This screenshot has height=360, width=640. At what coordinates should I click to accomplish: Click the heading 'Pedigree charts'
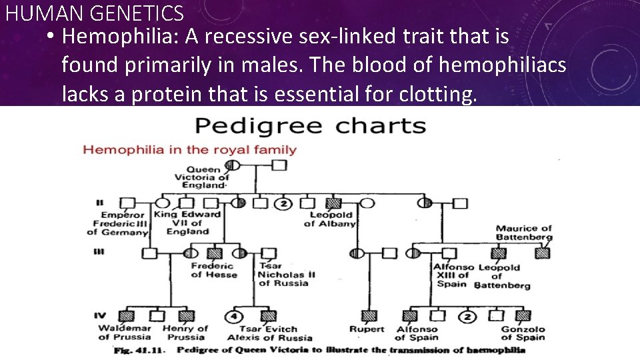310,125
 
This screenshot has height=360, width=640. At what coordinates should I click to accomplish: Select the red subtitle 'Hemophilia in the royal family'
189,149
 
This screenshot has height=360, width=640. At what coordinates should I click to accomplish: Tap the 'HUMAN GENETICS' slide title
94,12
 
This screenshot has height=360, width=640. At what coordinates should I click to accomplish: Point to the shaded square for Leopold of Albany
333,203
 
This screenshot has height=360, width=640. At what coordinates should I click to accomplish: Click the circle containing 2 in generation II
283,203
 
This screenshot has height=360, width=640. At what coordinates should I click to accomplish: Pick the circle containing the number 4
235,315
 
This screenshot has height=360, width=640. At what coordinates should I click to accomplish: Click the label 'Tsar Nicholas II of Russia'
287,274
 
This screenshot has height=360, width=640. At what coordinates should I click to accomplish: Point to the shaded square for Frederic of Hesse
215,253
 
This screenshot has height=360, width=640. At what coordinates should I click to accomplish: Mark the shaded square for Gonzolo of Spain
523,315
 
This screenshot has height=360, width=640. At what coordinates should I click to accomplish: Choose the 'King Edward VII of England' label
187,223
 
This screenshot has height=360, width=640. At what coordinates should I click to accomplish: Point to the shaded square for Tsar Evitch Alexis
269,315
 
